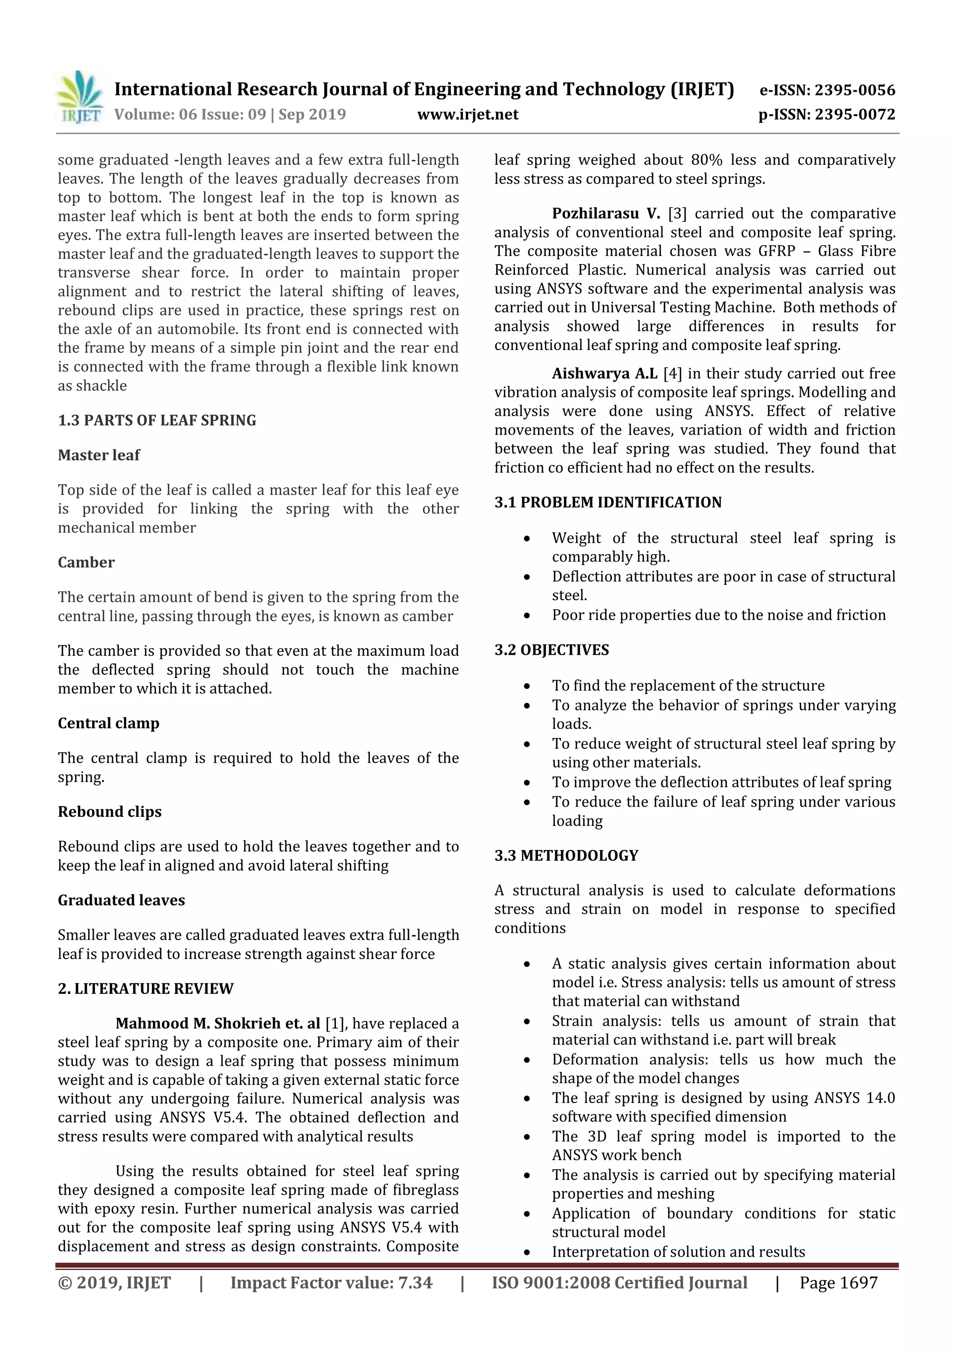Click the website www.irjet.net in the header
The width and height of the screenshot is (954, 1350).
tap(468, 114)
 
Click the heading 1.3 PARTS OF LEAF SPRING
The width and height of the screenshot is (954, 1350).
tap(157, 420)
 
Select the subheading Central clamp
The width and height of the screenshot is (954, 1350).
tap(108, 723)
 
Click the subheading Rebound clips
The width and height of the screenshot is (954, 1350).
tap(109, 812)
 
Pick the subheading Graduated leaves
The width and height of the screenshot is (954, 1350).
tap(121, 900)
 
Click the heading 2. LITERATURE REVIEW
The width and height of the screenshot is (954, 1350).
tap(145, 988)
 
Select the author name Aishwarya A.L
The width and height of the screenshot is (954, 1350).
tap(604, 373)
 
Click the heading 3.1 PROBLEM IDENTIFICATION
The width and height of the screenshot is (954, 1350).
tap(608, 503)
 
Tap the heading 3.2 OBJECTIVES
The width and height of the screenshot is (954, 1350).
tap(552, 650)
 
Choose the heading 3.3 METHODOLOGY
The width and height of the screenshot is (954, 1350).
tap(566, 856)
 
